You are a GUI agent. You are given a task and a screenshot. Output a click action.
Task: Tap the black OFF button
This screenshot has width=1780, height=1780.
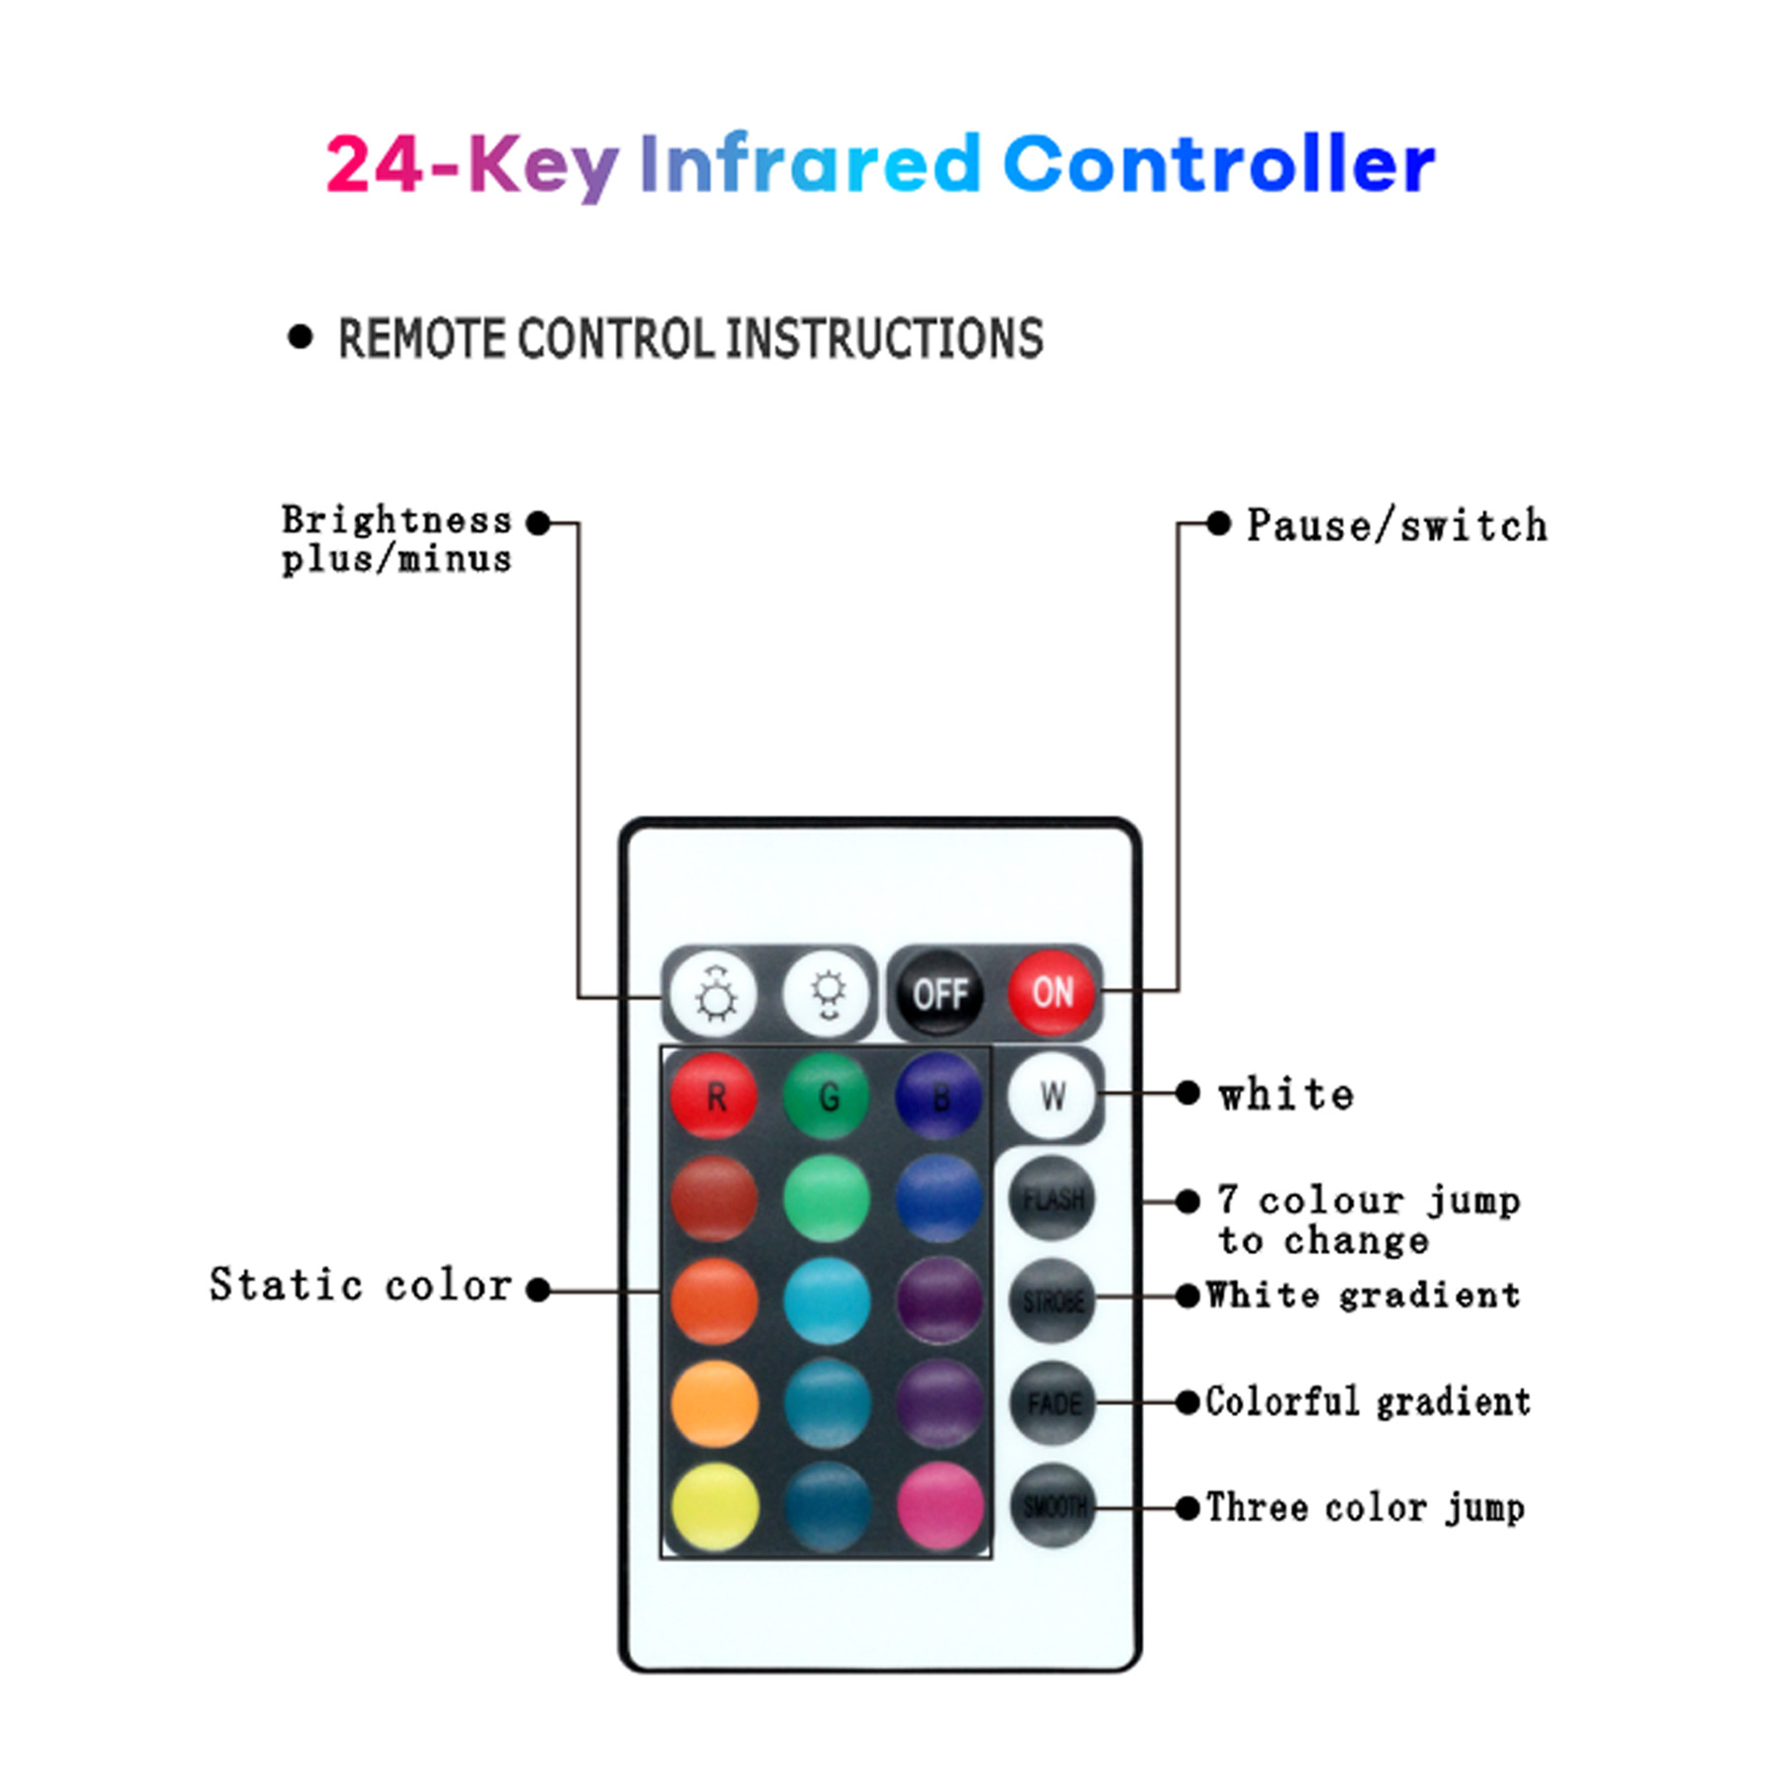[x=939, y=993]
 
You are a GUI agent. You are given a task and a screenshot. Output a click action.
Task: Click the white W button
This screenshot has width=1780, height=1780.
[x=1052, y=1096]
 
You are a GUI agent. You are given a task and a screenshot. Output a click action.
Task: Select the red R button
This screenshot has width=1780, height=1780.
[x=714, y=1096]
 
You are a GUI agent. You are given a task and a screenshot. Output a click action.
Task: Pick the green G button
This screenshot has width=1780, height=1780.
[x=827, y=1096]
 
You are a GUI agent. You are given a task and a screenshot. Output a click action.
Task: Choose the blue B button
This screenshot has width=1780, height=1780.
[x=938, y=1096]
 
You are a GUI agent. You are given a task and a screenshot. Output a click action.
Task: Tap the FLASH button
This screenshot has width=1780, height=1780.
[x=1052, y=1200]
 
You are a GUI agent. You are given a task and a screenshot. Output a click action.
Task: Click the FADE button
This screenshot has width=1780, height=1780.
[x=1052, y=1403]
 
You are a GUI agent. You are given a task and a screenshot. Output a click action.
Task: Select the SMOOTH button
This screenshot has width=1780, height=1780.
[x=1052, y=1506]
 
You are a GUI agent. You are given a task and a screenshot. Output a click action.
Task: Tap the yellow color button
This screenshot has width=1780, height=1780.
[x=714, y=1506]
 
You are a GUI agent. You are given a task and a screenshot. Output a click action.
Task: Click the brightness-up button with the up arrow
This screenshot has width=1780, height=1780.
[x=714, y=993]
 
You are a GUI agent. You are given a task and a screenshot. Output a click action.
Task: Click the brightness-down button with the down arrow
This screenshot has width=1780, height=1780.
[x=827, y=993]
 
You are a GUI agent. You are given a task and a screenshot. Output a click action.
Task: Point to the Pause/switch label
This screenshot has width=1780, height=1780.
[x=1396, y=525]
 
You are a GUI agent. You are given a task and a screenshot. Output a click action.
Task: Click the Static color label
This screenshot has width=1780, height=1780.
[x=361, y=1286]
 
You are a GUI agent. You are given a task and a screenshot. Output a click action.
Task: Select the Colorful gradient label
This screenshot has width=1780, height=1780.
[x=1368, y=1402]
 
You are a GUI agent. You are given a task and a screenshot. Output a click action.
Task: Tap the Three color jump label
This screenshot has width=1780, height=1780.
[x=1365, y=1508]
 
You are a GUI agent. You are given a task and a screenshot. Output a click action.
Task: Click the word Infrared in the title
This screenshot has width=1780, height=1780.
[x=809, y=164]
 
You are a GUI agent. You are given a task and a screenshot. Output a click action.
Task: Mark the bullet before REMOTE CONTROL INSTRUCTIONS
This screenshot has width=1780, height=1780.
[x=300, y=337]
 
